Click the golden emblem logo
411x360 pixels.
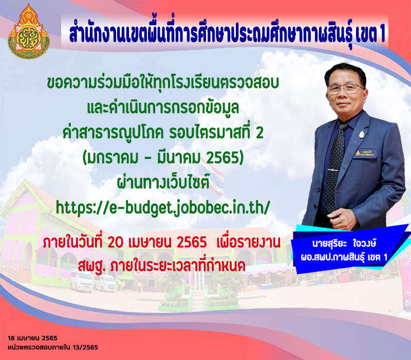(29, 31)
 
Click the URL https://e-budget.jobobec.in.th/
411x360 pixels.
(162, 208)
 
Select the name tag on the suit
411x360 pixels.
(365, 153)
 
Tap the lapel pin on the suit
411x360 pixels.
(362, 134)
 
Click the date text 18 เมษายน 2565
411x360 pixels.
(32, 338)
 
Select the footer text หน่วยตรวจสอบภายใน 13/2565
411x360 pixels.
(53, 348)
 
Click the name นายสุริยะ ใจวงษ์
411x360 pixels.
(344, 244)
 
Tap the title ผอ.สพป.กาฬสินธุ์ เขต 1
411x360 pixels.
(344, 257)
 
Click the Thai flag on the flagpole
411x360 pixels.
(212, 177)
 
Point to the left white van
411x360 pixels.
(81, 281)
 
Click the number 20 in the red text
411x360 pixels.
(116, 243)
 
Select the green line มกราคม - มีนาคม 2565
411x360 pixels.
(163, 158)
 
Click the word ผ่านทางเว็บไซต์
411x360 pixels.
(163, 183)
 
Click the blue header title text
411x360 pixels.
(227, 34)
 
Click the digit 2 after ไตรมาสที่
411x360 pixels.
(259, 133)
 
